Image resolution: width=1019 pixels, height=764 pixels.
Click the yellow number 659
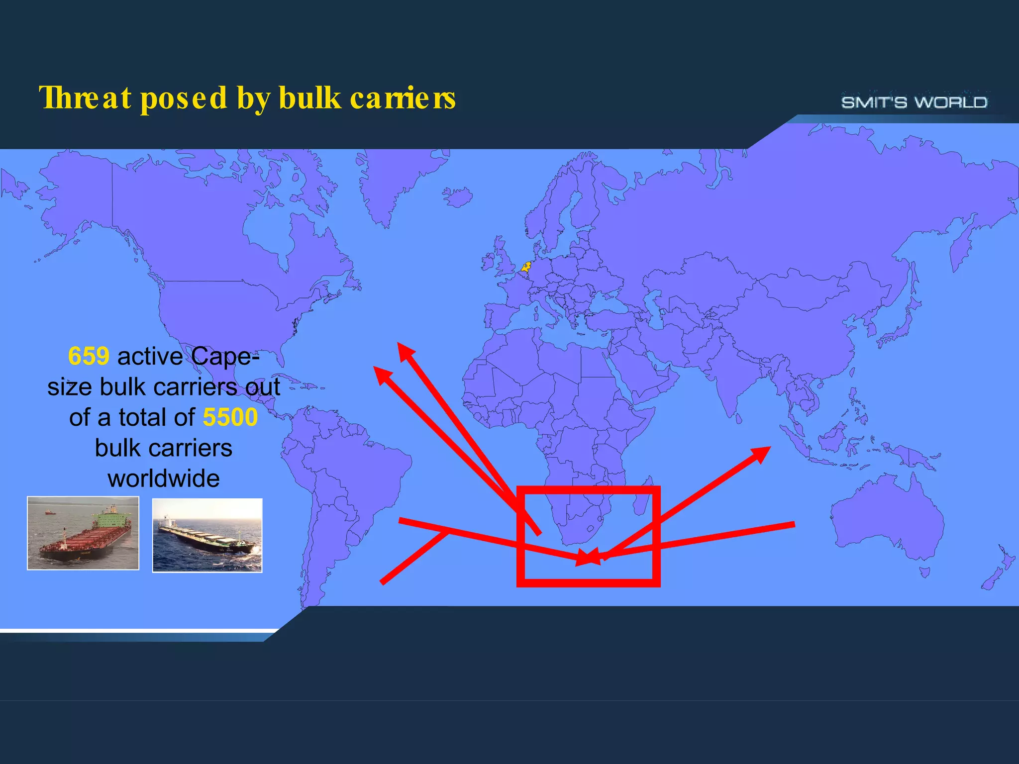click(89, 356)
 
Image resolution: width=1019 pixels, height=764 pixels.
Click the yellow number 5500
click(230, 417)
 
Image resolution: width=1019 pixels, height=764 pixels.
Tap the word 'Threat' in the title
click(85, 97)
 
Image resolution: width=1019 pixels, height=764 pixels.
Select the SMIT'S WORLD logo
click(914, 102)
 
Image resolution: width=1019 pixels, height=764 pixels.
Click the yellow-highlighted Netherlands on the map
click(526, 267)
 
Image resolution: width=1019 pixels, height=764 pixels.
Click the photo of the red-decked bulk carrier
click(83, 533)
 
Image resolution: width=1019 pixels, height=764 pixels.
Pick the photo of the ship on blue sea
click(207, 535)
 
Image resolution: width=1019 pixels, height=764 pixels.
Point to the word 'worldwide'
click(164, 478)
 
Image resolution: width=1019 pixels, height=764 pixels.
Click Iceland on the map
click(457, 196)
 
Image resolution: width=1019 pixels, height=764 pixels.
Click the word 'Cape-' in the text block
click(225, 356)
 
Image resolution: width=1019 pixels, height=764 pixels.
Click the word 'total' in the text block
click(143, 417)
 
